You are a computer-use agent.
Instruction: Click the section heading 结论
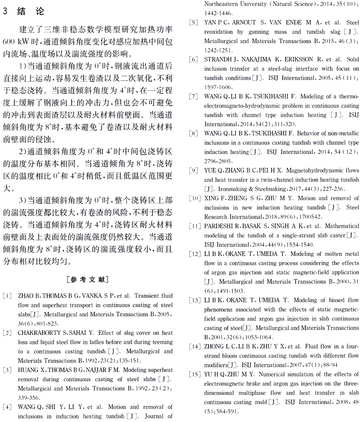click(x=30, y=12)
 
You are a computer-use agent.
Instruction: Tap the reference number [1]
click(x=7, y=296)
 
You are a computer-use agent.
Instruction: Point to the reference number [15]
click(x=194, y=374)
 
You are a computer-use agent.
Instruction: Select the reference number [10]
click(x=194, y=199)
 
